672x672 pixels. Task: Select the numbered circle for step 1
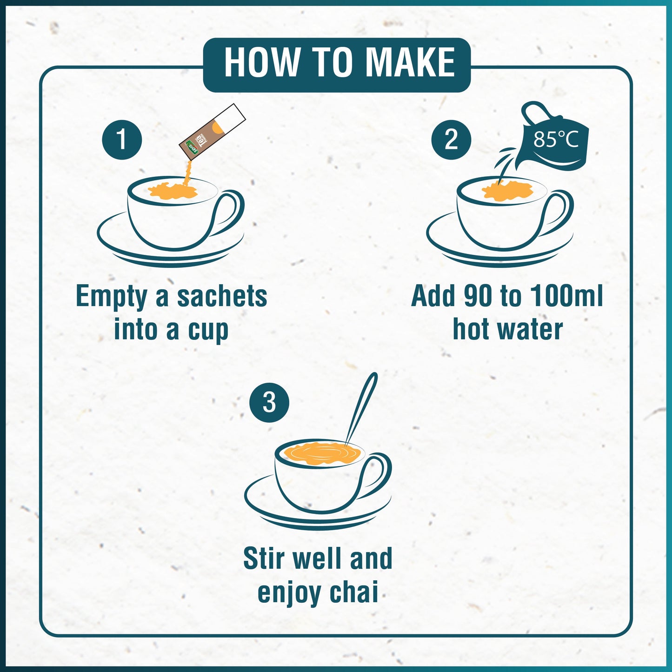pos(122,140)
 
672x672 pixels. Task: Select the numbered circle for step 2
pos(451,140)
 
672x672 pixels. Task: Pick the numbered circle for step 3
pos(269,402)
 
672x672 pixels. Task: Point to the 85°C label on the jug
pos(556,139)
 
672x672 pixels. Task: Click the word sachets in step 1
pos(222,296)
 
